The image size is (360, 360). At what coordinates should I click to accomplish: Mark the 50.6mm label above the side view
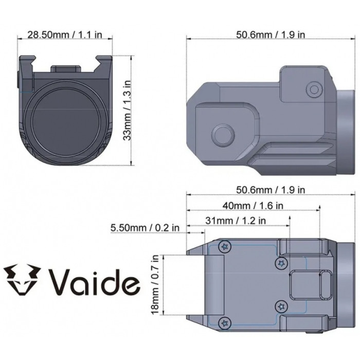tap(271, 34)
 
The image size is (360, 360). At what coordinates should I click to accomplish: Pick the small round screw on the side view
tap(313, 89)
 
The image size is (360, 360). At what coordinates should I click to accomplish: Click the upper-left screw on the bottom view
tap(224, 247)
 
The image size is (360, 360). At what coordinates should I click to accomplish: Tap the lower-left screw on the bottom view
tap(224, 323)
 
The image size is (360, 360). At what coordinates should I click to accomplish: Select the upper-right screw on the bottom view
tap(281, 264)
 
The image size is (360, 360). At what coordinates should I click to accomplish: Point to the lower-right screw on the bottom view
tap(281, 307)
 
